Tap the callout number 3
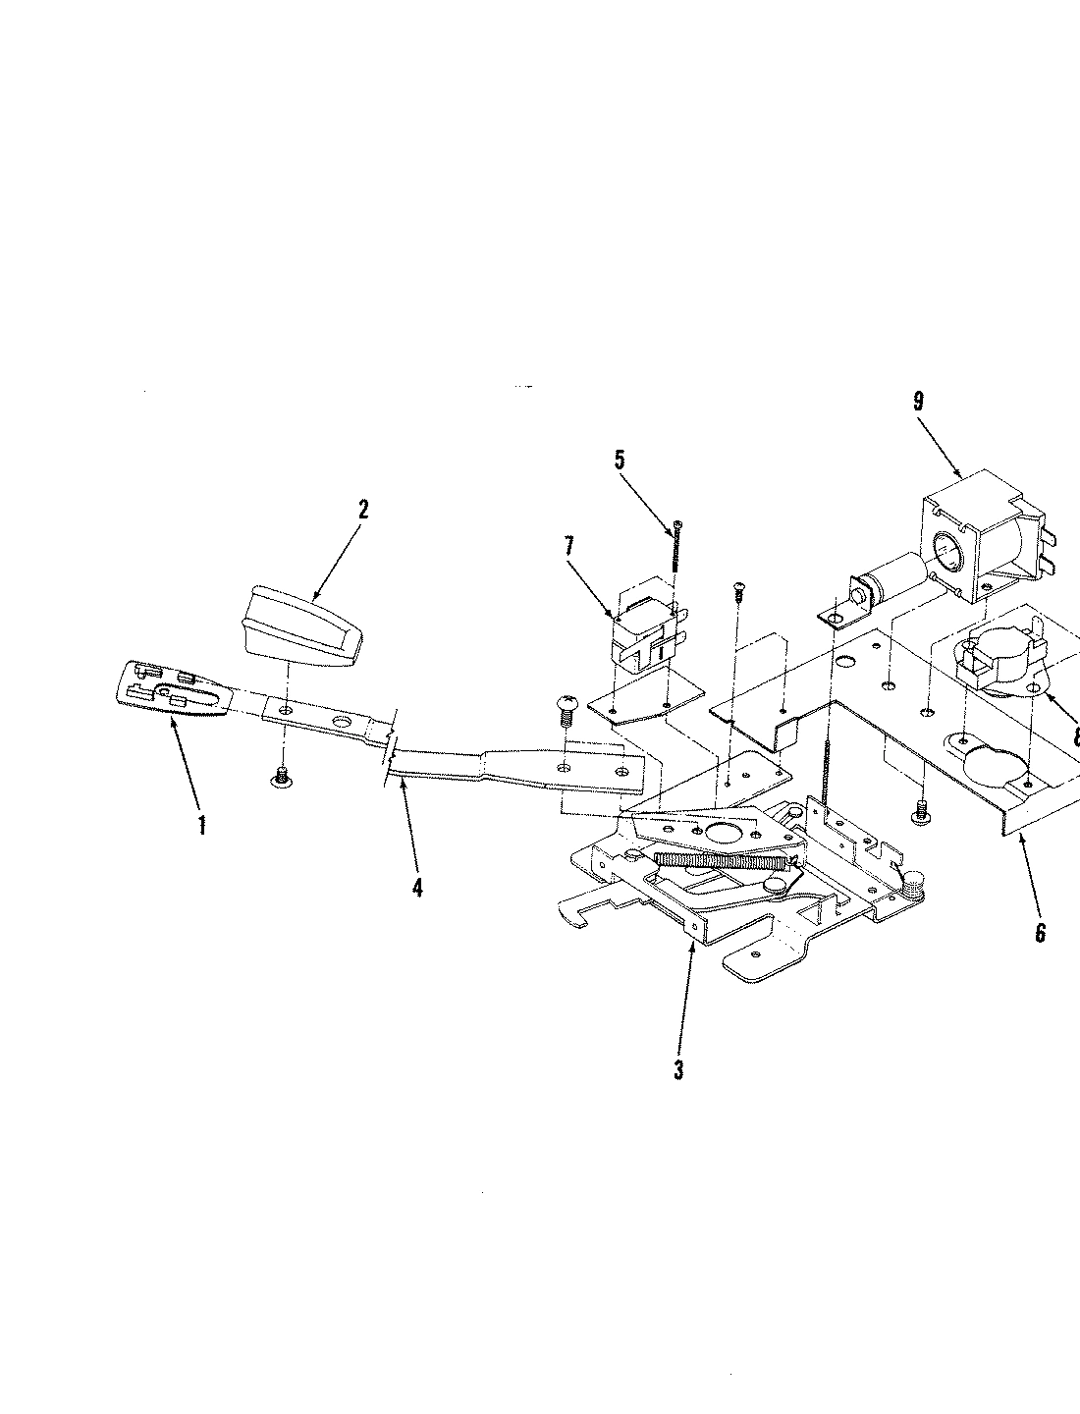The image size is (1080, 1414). pos(678,1068)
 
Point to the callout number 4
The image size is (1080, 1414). pos(417,887)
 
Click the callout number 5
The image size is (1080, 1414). pos(619,461)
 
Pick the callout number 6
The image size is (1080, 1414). pos(1041,931)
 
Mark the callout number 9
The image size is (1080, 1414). pos(917,401)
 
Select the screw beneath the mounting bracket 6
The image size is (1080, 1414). pos(921,810)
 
